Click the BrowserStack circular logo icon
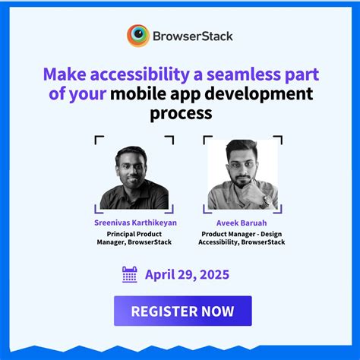[x=138, y=36]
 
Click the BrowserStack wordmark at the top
[x=192, y=36]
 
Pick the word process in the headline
[x=180, y=115]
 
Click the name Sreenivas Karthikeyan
[x=134, y=223]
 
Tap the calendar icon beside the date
[x=130, y=275]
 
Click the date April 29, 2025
[x=186, y=275]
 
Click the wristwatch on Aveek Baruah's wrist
[x=266, y=201]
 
